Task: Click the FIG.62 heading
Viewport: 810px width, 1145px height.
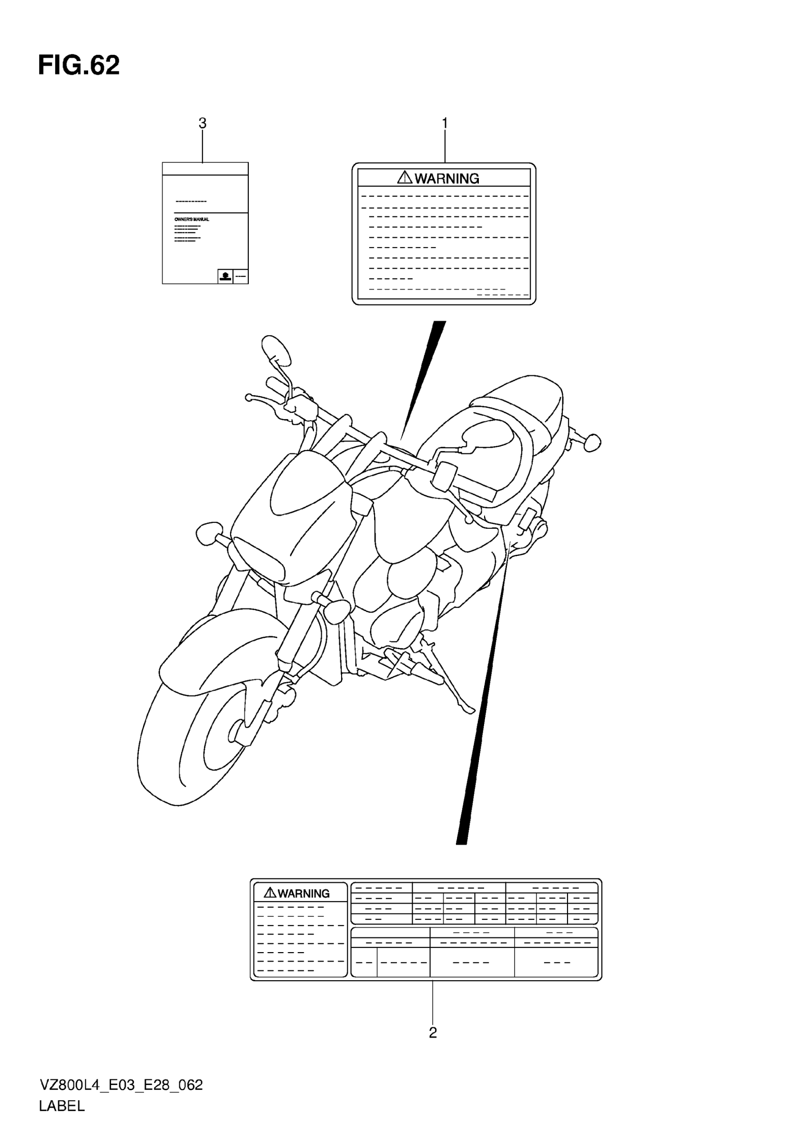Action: tap(79, 65)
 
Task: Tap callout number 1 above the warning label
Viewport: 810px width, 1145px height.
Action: tap(445, 123)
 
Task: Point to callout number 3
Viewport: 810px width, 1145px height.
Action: tap(202, 123)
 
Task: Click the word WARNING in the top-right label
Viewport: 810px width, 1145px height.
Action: tap(446, 179)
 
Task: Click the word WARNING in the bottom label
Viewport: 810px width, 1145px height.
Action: tap(303, 893)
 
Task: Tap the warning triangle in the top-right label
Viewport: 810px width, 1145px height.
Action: tap(405, 177)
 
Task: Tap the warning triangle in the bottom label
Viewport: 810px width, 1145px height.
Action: tap(270, 892)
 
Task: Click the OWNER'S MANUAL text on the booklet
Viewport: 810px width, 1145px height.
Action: tap(192, 220)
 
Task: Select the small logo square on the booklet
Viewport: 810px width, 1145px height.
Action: tap(225, 276)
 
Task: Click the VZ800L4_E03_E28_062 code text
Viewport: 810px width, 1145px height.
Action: tap(121, 1085)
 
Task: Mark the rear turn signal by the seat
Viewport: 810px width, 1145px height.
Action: tap(591, 442)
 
